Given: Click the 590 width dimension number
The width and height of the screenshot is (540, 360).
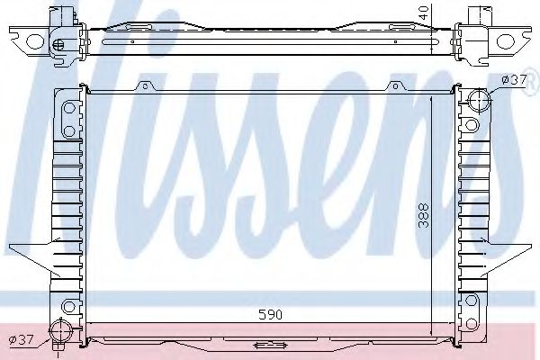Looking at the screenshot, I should pos(271,316).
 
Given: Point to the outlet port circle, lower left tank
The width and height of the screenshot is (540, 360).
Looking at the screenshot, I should pos(62,328).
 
